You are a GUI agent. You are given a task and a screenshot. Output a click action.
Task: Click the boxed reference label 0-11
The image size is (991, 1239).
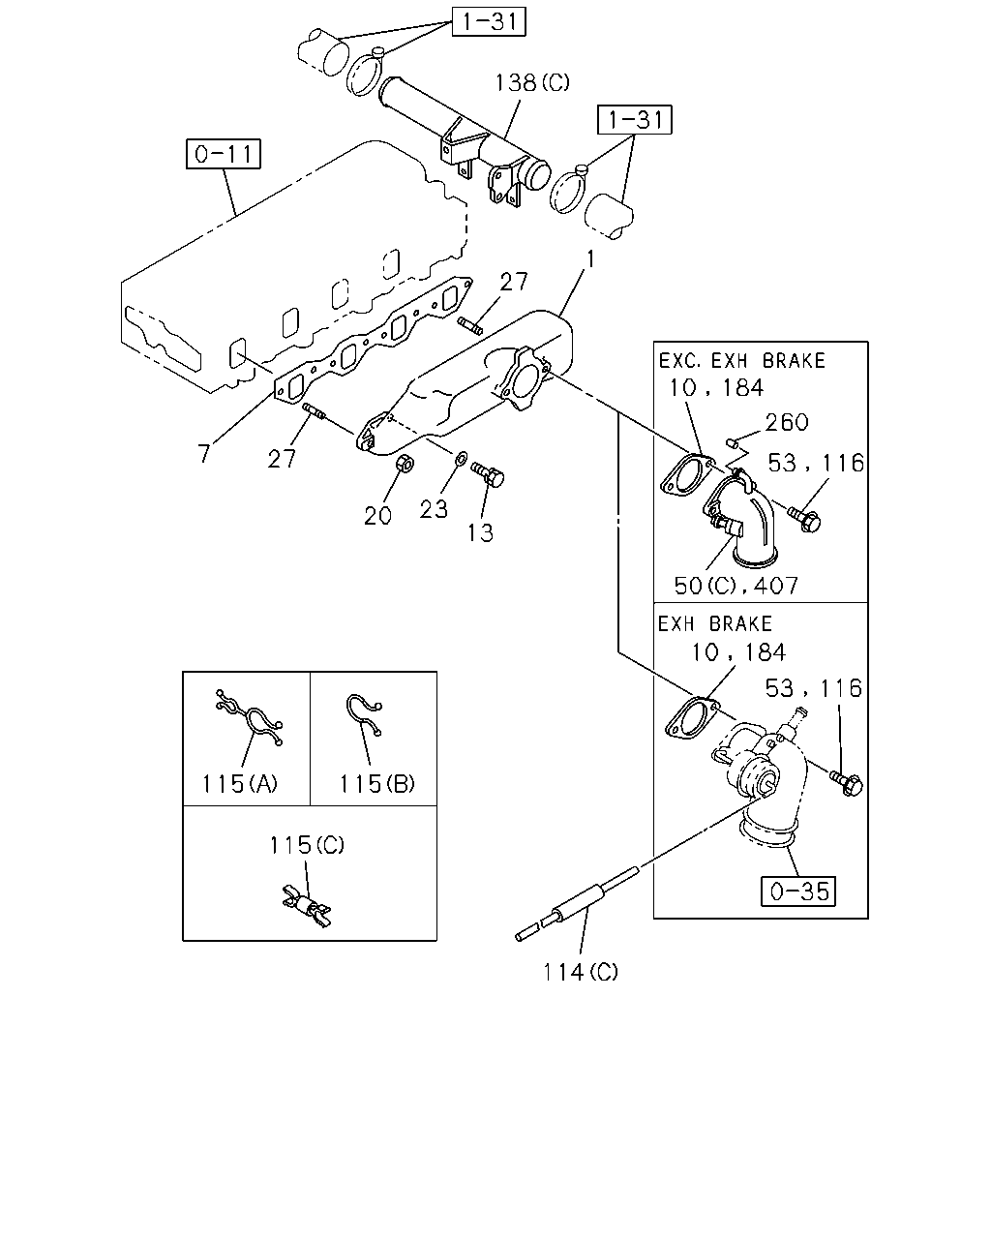[224, 154]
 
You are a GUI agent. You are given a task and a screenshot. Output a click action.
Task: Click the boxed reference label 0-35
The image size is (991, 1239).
[798, 891]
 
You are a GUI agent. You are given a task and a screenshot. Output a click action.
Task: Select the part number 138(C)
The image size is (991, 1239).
[532, 83]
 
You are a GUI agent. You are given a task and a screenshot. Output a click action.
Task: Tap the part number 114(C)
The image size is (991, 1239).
[580, 973]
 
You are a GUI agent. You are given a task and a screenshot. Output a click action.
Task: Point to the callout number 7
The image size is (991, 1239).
[204, 453]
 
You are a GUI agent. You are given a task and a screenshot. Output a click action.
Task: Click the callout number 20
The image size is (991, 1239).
[377, 516]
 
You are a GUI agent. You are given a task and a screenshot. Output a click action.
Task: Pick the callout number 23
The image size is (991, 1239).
[434, 509]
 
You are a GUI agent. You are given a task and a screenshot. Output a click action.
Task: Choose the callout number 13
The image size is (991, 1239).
[480, 533]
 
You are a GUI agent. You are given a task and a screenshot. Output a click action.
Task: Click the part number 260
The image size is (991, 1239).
[787, 423]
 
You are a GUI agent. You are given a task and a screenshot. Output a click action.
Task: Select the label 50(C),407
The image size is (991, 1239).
[736, 587]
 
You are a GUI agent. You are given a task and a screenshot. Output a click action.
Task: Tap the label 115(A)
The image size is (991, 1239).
[240, 784]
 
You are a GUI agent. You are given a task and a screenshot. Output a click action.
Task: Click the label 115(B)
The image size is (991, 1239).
[376, 784]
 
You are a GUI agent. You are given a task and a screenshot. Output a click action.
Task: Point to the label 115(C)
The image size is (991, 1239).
[307, 845]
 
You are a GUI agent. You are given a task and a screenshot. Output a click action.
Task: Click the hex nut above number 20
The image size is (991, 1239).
[405, 463]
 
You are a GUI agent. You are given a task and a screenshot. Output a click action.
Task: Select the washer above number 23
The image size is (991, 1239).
[462, 458]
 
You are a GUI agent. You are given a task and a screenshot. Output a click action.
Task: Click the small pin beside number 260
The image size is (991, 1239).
[732, 442]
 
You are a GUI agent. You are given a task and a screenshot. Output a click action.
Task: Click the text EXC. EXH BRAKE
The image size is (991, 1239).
[741, 361]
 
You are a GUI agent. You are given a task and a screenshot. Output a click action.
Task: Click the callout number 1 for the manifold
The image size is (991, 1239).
[589, 259]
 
